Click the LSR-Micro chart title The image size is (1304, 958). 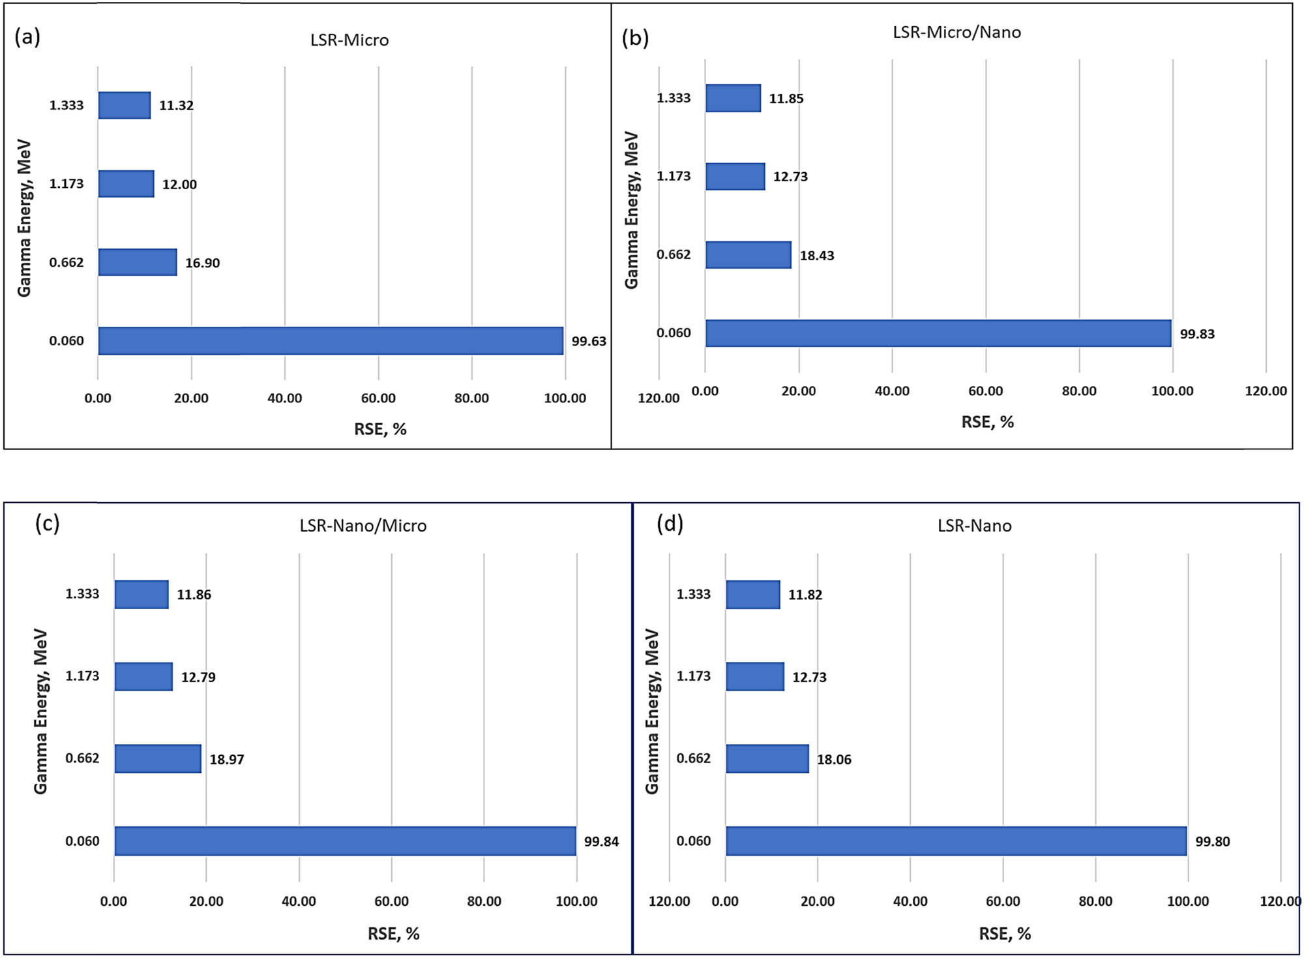[349, 40]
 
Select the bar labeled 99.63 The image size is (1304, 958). [331, 341]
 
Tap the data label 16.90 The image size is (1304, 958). [202, 263]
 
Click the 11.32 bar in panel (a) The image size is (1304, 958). [124, 106]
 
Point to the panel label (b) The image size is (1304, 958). [635, 38]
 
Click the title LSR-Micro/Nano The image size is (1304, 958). [956, 32]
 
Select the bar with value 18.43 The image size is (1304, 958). [748, 255]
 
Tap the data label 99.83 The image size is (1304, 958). [1197, 334]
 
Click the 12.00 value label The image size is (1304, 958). [179, 185]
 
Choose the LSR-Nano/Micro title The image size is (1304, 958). [363, 526]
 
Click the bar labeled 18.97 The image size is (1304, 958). [158, 758]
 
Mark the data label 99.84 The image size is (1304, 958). [601, 841]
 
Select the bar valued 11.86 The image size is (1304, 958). [141, 594]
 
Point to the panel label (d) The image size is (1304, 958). [670, 523]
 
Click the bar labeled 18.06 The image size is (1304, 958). [767, 758]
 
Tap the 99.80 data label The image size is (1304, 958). [1212, 841]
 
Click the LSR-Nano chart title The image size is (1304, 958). [974, 526]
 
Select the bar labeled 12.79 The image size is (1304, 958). [143, 676]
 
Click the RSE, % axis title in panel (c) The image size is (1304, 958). [393, 934]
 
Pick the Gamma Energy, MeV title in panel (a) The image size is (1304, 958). [24, 218]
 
